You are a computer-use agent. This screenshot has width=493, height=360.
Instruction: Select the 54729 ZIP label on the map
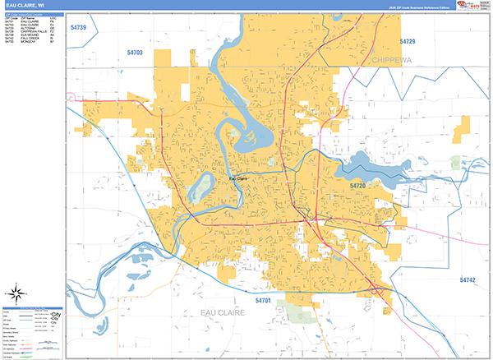tap(408, 41)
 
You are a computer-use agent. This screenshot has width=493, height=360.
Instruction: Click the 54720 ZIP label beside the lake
tap(358, 187)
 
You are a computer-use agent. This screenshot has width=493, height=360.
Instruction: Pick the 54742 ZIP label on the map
tap(468, 280)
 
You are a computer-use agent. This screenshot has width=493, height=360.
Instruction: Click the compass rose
tap(16, 293)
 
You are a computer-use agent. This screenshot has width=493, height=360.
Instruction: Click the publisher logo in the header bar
tap(468, 5)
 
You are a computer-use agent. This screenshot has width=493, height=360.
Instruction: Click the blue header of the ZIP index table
tap(33, 14)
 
